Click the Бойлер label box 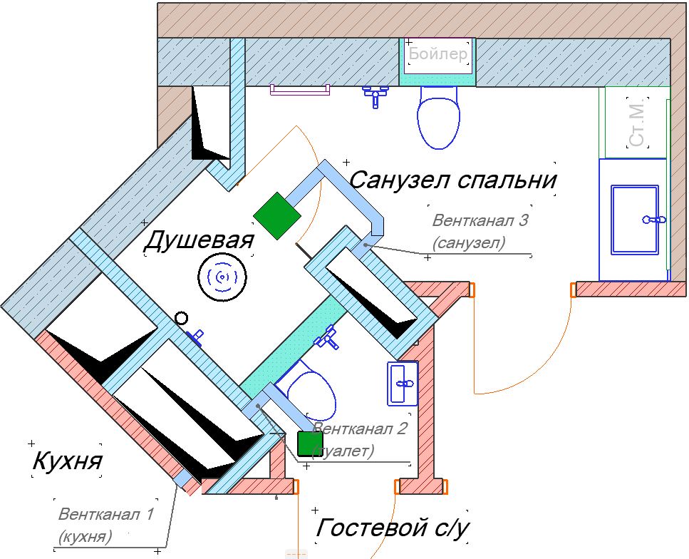pos(438,55)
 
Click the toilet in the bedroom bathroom pos(439,118)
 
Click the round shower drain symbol pos(222,276)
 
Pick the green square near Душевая pos(276,215)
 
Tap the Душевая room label pos(199,241)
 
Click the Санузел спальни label pos(452,179)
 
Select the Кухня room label pos(67,462)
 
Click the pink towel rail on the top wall pos(299,89)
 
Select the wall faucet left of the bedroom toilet pos(375,95)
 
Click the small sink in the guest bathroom pos(403,383)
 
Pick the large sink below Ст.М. pos(634,219)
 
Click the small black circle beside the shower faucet pos(182,319)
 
